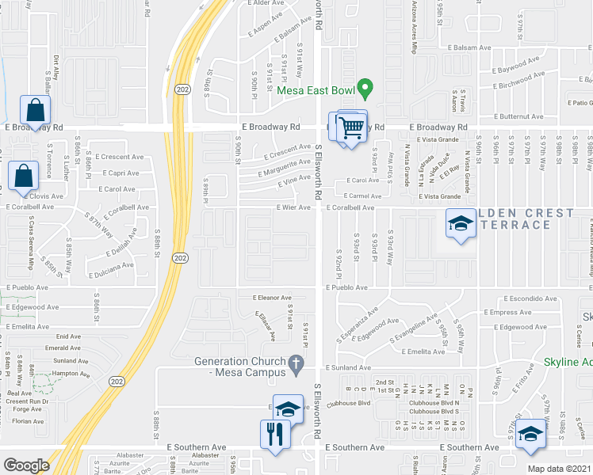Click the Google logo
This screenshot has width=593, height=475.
[x=26, y=465]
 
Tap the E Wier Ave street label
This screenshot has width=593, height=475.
[x=293, y=207]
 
